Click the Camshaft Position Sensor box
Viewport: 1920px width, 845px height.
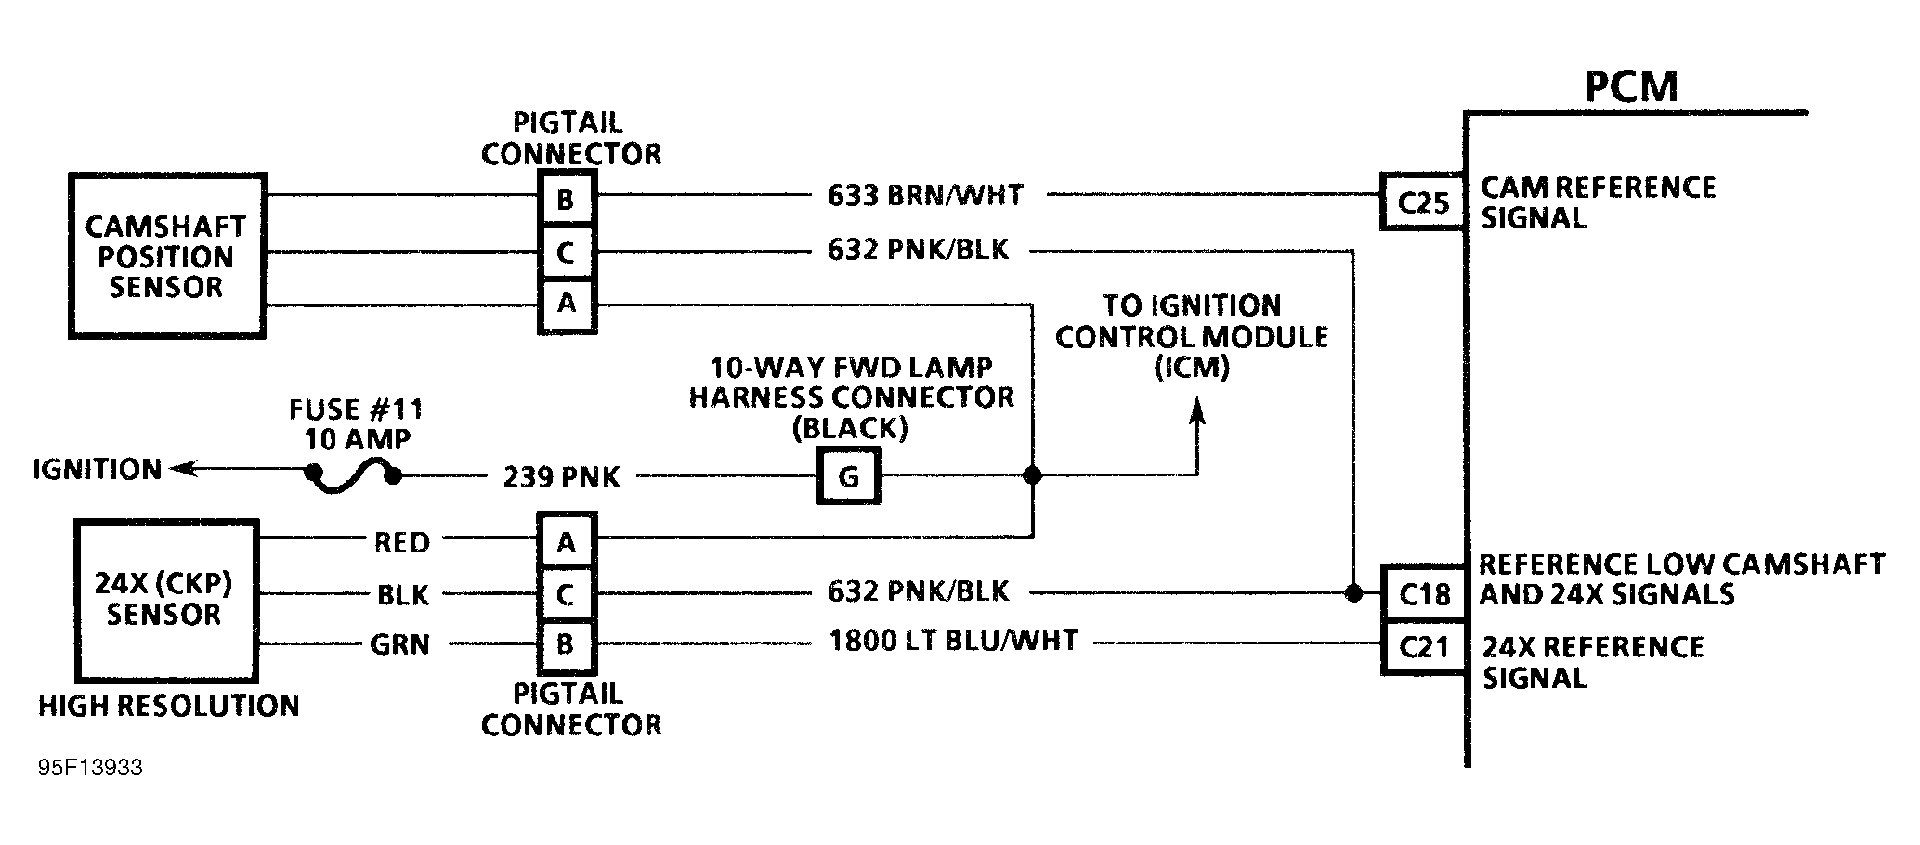coord(167,256)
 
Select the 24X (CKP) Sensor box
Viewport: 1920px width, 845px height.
coord(165,600)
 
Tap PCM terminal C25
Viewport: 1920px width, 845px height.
coord(1423,201)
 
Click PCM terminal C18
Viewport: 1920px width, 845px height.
coord(1424,593)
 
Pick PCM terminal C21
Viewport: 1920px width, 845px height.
coord(1424,646)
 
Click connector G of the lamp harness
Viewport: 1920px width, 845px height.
coord(848,476)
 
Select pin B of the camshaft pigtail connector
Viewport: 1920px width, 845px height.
coord(567,199)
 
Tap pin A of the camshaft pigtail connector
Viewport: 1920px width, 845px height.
coord(567,304)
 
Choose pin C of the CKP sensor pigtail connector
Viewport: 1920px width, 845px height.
coord(567,593)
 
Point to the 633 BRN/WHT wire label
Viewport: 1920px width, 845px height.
coord(925,196)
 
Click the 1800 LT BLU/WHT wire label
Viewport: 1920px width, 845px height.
coord(953,641)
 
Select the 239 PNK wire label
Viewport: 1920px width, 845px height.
coord(561,477)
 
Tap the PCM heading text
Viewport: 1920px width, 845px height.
coord(1631,86)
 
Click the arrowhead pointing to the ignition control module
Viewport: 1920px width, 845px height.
coord(1197,410)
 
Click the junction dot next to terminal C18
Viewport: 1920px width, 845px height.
coord(1353,592)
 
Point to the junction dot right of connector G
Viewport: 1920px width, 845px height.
coord(1032,475)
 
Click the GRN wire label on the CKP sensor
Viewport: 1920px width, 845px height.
coord(400,643)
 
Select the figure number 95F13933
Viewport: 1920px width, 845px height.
coord(90,768)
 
